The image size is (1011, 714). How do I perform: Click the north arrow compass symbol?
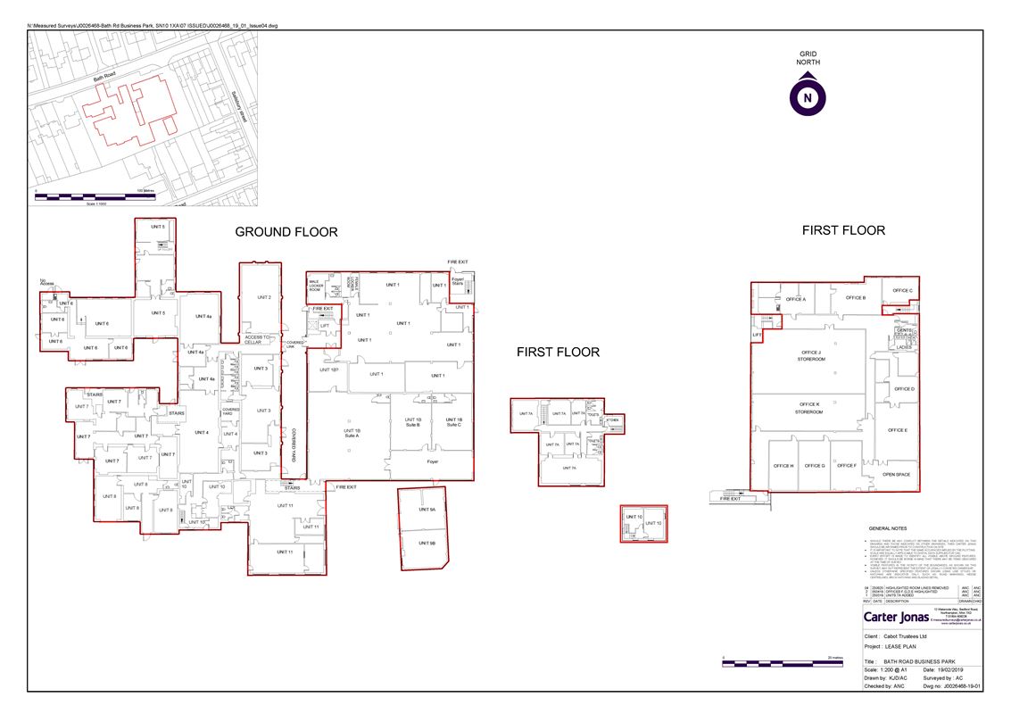coord(807,96)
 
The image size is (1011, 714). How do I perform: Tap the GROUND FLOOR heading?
coord(286,232)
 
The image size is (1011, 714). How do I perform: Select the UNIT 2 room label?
coord(263,297)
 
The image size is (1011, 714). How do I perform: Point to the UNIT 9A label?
coord(427,510)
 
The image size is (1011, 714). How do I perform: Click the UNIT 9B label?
coord(427,543)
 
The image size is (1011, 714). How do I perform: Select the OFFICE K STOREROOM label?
coord(808,408)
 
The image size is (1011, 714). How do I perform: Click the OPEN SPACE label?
coord(896,474)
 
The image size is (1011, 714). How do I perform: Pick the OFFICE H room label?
coord(783,466)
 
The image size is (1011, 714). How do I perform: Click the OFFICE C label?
coord(902,290)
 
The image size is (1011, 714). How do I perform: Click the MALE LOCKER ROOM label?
coord(316,286)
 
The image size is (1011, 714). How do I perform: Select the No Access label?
coord(47,284)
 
